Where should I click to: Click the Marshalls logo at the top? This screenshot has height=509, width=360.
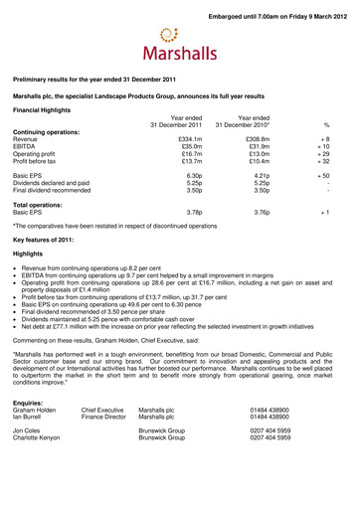click(181, 45)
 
